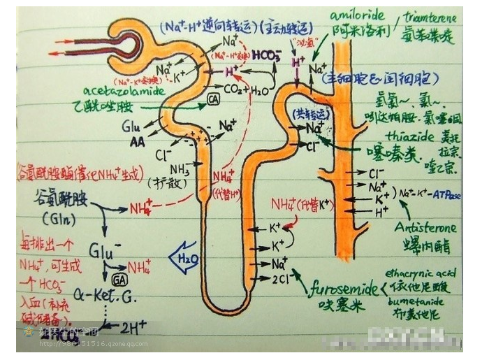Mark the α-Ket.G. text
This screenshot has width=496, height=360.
tap(106, 298)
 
